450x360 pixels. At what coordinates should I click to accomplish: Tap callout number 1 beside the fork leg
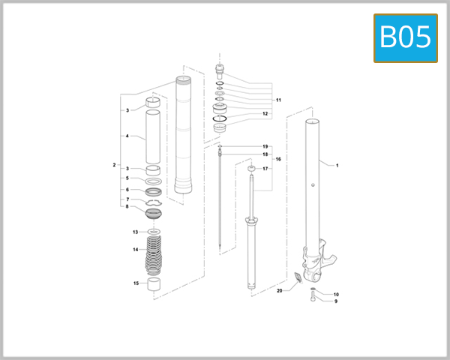(x=337, y=165)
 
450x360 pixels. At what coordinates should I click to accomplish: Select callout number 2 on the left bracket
(x=114, y=164)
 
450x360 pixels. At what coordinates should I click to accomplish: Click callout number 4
(x=127, y=136)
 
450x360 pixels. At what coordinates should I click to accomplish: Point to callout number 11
(x=278, y=100)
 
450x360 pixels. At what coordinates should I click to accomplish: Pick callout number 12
(x=265, y=114)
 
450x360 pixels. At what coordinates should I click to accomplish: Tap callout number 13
(x=136, y=232)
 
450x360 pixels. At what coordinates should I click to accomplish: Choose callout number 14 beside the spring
(x=136, y=249)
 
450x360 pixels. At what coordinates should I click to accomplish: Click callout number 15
(x=136, y=283)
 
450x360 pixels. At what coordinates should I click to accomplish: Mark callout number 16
(x=278, y=160)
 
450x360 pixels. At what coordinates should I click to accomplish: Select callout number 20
(x=279, y=290)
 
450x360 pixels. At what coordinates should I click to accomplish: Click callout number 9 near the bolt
(x=336, y=301)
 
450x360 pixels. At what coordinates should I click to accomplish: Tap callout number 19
(x=265, y=145)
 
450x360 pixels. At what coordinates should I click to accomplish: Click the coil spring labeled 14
(x=154, y=253)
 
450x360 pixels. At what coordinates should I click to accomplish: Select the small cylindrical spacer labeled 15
(x=154, y=285)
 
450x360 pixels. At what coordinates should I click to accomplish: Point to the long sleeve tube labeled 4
(x=153, y=136)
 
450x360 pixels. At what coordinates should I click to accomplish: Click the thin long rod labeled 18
(x=218, y=202)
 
